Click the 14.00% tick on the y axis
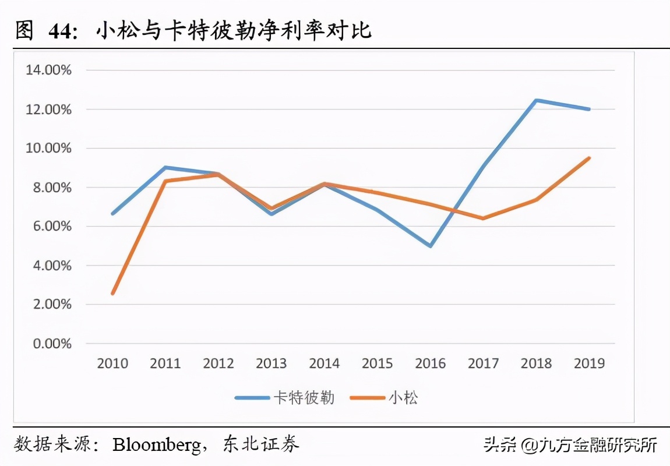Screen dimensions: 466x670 47,70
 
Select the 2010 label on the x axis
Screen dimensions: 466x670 112,363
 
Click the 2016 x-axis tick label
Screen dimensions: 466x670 430,363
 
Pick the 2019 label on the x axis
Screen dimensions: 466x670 589,363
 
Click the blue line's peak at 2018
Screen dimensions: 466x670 536,100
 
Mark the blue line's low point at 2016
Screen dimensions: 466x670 430,246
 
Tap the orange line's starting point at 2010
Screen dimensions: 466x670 112,294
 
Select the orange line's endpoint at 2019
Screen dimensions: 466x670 589,158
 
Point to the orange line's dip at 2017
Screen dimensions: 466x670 483,218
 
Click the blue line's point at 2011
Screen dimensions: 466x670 165,167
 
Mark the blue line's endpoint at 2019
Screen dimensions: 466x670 589,109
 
